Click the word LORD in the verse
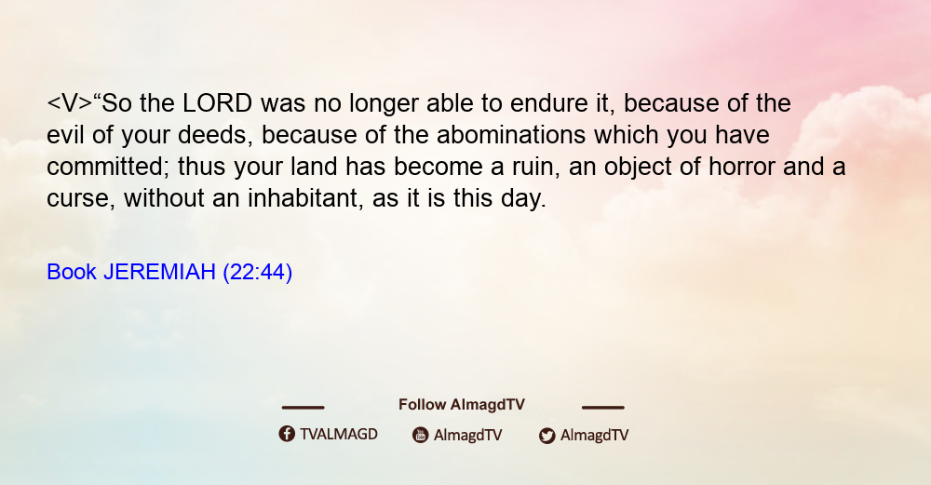[x=217, y=103]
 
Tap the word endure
[x=545, y=103]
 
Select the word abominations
[x=511, y=135]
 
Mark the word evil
[x=65, y=135]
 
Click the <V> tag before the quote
[x=70, y=103]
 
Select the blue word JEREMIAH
[x=159, y=272]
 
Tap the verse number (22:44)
[x=258, y=273]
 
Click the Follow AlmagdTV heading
[x=462, y=404]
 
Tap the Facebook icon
[x=287, y=434]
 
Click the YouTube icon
[x=421, y=435]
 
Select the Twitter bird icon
[x=546, y=436]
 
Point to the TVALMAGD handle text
[x=339, y=434]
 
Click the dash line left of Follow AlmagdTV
[x=303, y=407]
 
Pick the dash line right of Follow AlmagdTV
[x=603, y=407]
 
